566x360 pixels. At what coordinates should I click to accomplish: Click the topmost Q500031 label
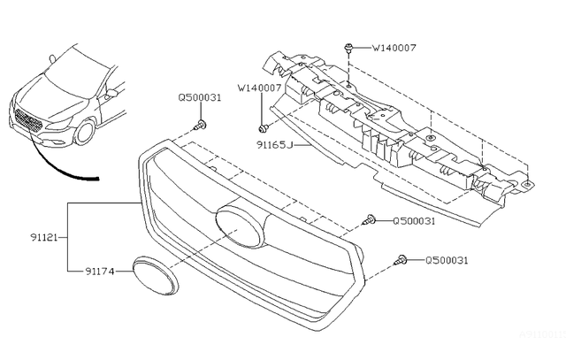coord(200,98)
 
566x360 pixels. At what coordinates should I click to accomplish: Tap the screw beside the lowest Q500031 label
coord(402,260)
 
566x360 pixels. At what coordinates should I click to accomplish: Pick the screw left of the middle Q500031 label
coord(369,220)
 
